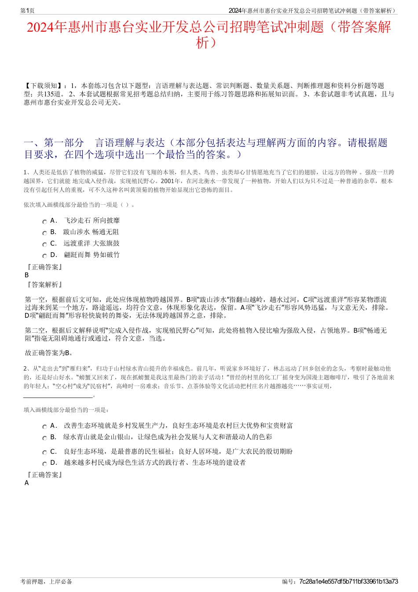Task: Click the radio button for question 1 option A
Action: pos(44,222)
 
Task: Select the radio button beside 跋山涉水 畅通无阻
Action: pos(44,233)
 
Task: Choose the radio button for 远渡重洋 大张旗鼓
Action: pos(44,245)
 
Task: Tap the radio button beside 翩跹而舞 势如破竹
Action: pos(44,256)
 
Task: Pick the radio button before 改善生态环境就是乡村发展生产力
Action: pos(44,427)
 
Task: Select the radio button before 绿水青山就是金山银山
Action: pos(44,438)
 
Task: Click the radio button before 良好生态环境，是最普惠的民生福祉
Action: pos(44,453)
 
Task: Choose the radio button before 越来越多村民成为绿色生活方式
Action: pos(44,464)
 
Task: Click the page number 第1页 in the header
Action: pos(27,11)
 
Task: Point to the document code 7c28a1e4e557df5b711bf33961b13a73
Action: pos(348,581)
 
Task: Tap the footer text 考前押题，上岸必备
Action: pos(46,581)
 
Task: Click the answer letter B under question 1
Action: pos(27,275)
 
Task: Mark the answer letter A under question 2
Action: pos(27,483)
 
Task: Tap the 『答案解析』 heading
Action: pos(44,285)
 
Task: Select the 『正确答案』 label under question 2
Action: pos(44,475)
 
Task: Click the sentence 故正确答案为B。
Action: pos(49,353)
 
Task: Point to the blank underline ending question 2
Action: pos(59,396)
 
